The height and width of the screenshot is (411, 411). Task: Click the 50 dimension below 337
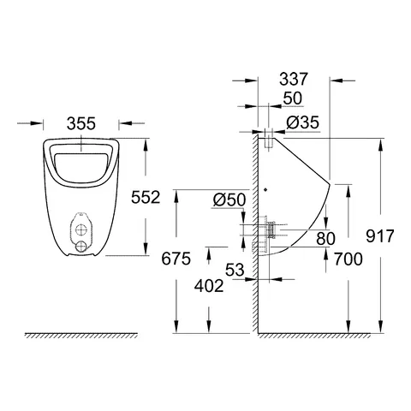(293, 99)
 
